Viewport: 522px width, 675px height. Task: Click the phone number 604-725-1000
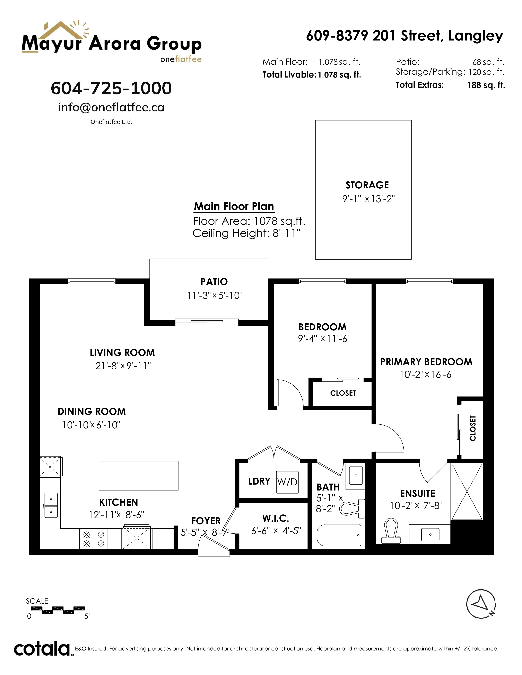click(111, 88)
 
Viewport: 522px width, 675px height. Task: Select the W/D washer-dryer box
click(287, 482)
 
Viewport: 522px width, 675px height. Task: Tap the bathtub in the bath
click(339, 535)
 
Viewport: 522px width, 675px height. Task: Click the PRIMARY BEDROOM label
click(426, 362)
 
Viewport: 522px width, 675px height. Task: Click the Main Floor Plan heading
click(234, 206)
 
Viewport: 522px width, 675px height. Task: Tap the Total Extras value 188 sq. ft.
click(486, 85)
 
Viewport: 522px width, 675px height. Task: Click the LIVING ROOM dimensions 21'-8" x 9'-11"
click(123, 366)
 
